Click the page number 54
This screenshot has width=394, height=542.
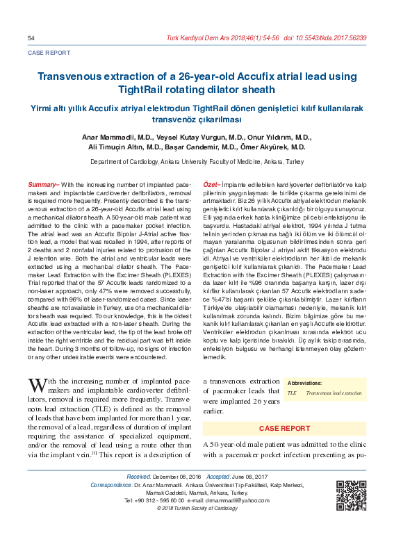click(31, 38)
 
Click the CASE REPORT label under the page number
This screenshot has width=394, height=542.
click(49, 52)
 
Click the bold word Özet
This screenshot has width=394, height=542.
click(210, 184)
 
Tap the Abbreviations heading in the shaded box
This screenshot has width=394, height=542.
click(304, 383)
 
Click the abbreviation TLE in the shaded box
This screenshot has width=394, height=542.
click(292, 393)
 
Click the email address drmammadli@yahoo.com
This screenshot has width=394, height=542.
click(238, 500)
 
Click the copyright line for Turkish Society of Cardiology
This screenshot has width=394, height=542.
click(197, 509)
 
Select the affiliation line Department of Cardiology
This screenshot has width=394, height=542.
click(197, 161)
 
